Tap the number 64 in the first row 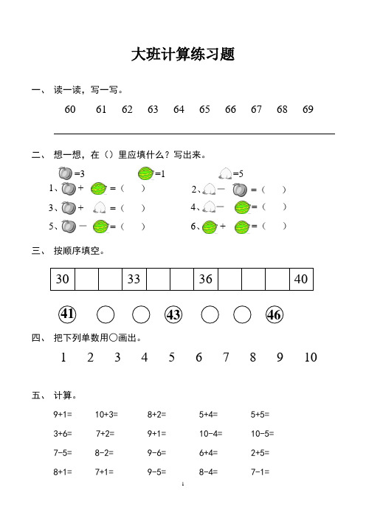tap(179, 109)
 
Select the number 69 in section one tap(308, 109)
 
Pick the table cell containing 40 tap(300, 280)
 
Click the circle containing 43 tap(173, 314)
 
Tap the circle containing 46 tap(274, 314)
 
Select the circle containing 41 tap(68, 314)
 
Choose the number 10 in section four tap(310, 358)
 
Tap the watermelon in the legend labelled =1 tap(146, 173)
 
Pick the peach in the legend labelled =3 tap(65, 173)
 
